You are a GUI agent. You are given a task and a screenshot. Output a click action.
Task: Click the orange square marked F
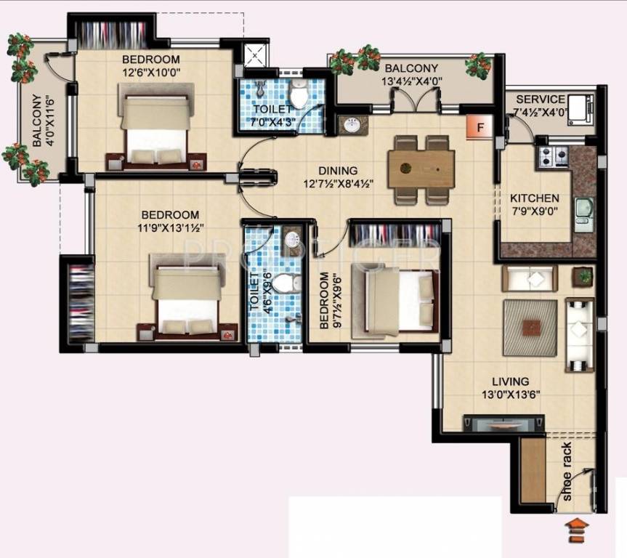coord(479,127)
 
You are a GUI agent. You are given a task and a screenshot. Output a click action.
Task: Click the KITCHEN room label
coord(534,198)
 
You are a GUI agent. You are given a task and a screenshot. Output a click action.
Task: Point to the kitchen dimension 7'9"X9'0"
coord(534,211)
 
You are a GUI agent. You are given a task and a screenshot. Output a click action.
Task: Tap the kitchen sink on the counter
coord(583,214)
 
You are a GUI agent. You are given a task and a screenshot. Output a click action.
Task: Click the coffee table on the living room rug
coord(530,326)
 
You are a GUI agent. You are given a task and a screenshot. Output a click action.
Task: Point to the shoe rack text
coord(567,474)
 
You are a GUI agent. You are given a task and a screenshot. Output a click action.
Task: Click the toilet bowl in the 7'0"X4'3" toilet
coord(298,95)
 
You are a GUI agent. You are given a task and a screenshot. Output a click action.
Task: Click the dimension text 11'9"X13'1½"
coord(170,227)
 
